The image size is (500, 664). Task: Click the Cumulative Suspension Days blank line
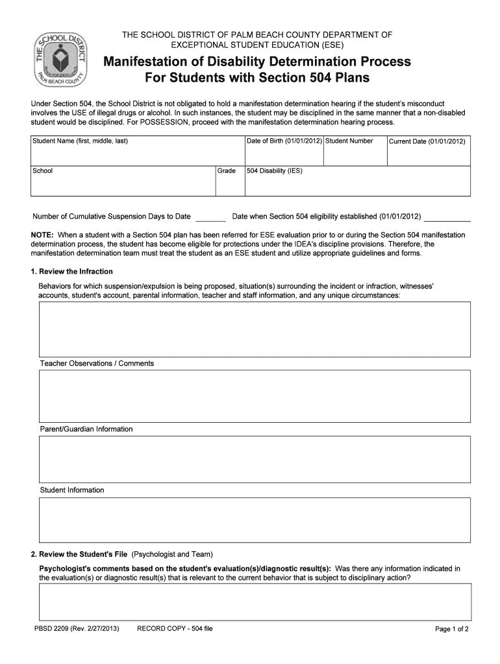pyautogui.click(x=210, y=217)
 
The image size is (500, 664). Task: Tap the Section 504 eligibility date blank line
pyautogui.click(x=447, y=217)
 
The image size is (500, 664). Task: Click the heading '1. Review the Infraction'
pyautogui.click(x=72, y=271)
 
